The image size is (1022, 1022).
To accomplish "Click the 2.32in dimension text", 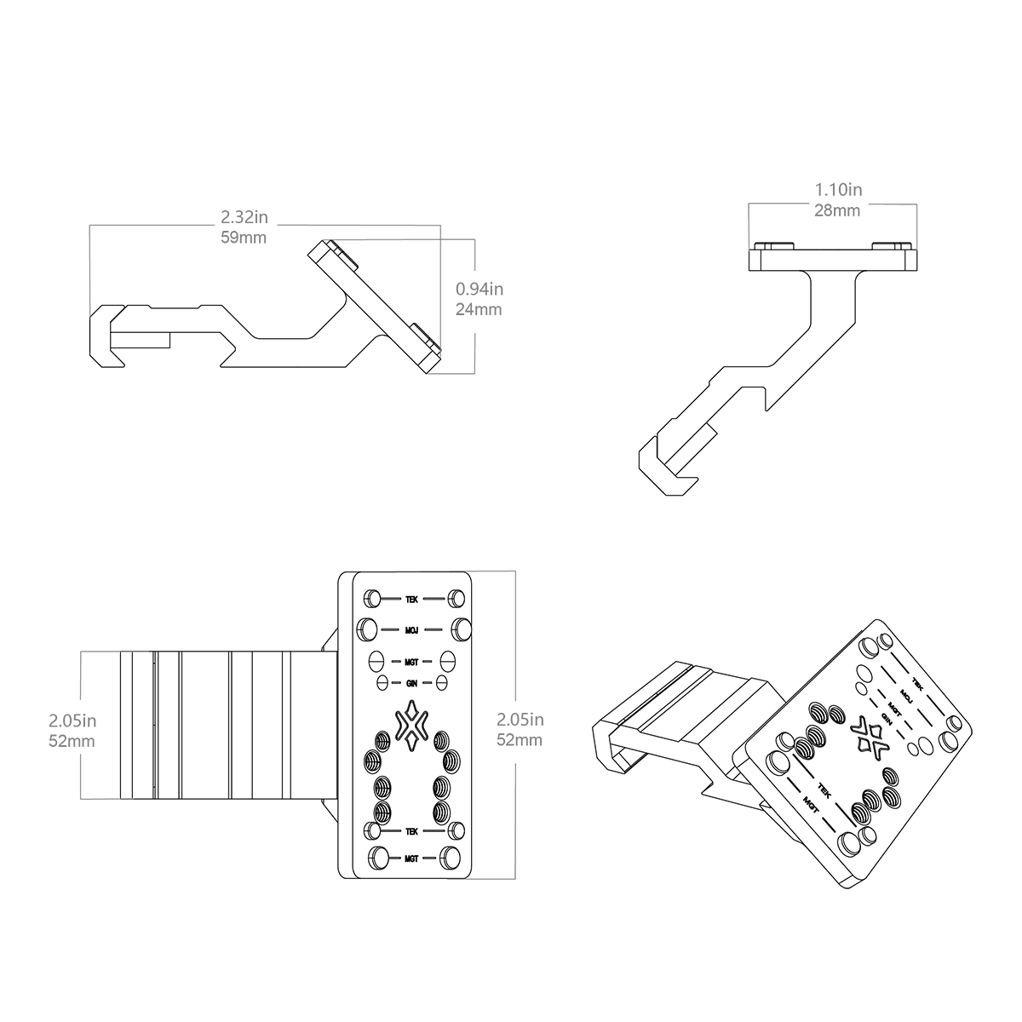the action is (244, 217).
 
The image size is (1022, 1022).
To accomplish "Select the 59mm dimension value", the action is (244, 237).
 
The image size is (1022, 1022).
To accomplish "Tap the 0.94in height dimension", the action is (479, 289).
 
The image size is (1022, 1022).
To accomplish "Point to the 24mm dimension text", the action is (479, 309).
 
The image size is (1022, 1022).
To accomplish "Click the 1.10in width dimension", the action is (839, 189).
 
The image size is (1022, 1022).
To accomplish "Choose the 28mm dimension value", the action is (837, 210).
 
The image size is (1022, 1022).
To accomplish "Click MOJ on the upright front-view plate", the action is (411, 630).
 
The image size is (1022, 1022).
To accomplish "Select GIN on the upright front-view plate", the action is (411, 684).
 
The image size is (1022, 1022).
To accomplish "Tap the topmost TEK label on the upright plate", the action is (411, 600).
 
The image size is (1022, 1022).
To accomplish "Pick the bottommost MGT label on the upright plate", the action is (411, 858).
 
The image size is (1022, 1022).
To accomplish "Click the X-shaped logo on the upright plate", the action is (411, 726).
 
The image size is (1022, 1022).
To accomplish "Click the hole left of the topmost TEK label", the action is (372, 599).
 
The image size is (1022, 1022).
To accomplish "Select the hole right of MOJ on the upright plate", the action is (462, 629).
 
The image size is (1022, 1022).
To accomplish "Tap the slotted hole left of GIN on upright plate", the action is (382, 683).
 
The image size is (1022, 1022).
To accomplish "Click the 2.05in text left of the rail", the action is (72, 721).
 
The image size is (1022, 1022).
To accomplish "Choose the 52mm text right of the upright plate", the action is (520, 740).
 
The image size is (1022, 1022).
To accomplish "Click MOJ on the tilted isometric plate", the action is (905, 695).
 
